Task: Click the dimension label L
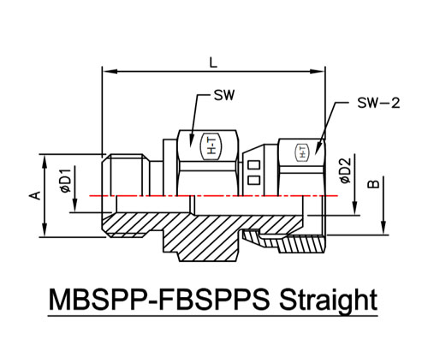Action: [x=213, y=62]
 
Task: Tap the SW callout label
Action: [x=224, y=95]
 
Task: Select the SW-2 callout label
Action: [x=378, y=103]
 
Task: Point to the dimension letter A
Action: [x=35, y=195]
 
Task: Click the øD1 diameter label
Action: [x=65, y=181]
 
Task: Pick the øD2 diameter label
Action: [x=345, y=170]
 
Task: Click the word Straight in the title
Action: [x=328, y=301]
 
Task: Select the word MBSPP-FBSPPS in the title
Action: [x=159, y=300]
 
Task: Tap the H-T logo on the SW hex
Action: [x=211, y=146]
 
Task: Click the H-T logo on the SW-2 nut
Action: [x=302, y=152]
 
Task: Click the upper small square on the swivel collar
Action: [x=253, y=165]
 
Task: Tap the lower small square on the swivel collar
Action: [x=253, y=180]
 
